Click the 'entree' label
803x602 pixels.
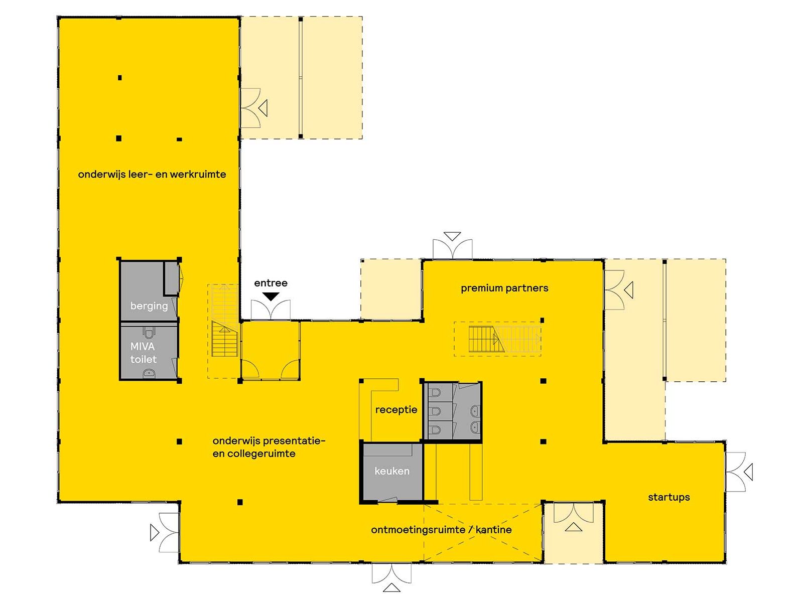(271, 283)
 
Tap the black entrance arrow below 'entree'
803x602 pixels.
(271, 296)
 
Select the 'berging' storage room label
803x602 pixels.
(149, 306)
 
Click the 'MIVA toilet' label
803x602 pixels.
(144, 353)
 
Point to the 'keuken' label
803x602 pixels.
(392, 471)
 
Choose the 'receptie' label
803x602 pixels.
(396, 410)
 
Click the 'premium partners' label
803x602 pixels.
(504, 288)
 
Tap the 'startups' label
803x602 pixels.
(668, 497)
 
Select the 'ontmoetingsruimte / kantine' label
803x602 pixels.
(441, 530)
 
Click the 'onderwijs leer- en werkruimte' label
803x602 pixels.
(152, 175)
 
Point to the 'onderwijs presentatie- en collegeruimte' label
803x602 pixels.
(269, 447)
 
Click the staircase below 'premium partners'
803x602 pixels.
(504, 339)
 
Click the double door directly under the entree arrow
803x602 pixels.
(271, 311)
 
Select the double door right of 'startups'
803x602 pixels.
(736, 472)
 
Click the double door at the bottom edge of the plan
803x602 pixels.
(391, 573)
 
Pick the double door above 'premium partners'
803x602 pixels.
(452, 249)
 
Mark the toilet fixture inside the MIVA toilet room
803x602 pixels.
(149, 333)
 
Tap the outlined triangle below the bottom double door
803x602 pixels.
(391, 588)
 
